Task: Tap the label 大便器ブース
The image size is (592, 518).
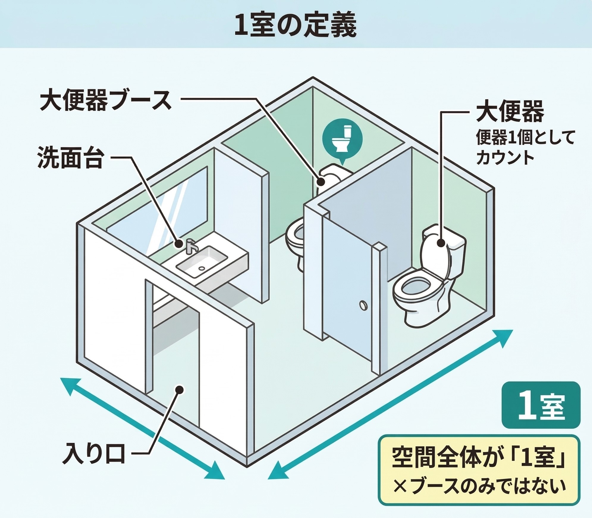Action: (x=106, y=101)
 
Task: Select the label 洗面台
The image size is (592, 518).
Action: (x=70, y=158)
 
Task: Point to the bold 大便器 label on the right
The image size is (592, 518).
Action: (x=510, y=112)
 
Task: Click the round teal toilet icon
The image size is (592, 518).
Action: (x=343, y=139)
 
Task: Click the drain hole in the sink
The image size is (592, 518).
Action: (x=202, y=268)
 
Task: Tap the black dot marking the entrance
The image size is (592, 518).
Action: (x=179, y=389)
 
